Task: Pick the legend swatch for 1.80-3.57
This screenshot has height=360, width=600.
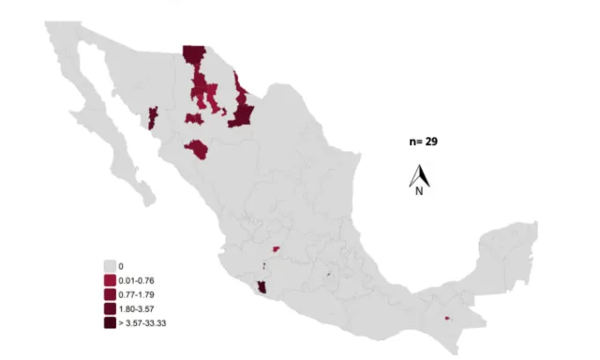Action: click(110, 309)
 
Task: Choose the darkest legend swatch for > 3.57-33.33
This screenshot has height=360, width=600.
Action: click(110, 323)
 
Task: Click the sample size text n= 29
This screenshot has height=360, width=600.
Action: click(424, 142)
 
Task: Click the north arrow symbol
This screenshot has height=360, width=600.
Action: click(419, 174)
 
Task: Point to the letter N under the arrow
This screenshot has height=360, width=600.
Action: click(419, 190)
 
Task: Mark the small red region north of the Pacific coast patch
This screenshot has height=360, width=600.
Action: click(276, 249)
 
